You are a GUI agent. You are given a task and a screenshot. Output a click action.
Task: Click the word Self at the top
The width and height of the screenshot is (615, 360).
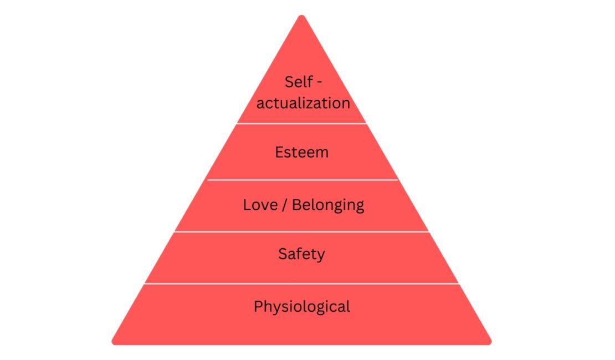(299, 82)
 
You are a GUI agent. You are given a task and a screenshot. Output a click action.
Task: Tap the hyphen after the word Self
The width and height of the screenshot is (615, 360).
(319, 83)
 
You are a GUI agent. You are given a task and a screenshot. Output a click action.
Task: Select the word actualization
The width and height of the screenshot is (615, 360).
(303, 103)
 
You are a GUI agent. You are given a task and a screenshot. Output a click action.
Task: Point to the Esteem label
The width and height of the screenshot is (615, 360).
(301, 152)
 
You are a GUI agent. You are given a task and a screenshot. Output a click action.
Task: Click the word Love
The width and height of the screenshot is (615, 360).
(260, 205)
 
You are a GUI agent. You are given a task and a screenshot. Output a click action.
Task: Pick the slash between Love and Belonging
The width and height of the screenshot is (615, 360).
(285, 205)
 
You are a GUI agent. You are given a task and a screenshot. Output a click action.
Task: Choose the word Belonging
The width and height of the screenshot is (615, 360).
(328, 205)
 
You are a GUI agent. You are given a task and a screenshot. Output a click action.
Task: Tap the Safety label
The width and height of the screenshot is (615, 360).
(301, 254)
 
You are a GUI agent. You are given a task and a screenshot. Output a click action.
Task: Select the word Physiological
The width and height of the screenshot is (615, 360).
(301, 307)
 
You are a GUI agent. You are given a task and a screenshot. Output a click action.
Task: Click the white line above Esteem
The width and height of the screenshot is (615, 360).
(301, 124)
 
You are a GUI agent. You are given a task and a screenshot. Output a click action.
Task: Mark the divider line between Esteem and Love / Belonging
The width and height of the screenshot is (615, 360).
(303, 180)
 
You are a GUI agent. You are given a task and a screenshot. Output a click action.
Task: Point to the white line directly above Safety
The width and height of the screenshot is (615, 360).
(301, 232)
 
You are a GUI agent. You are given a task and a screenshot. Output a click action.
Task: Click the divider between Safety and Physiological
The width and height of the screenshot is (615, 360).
(301, 284)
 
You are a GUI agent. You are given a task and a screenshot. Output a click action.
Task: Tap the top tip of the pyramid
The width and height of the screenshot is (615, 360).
(301, 16)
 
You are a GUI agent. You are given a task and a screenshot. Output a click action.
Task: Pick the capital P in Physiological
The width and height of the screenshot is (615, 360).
(258, 306)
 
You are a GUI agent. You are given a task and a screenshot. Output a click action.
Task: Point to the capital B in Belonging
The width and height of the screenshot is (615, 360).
(296, 205)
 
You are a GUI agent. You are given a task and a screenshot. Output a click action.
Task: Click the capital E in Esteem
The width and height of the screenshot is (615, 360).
(279, 152)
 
